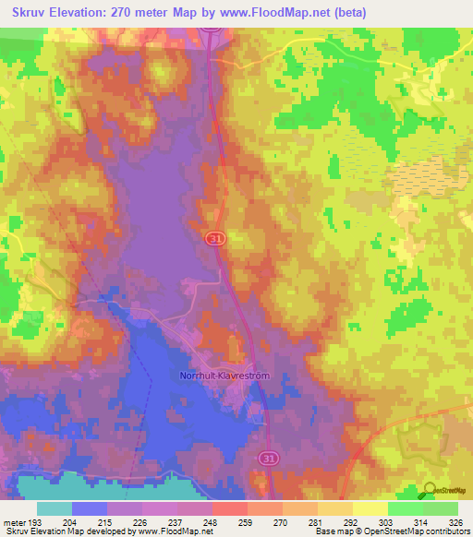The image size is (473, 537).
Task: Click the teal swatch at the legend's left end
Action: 55,508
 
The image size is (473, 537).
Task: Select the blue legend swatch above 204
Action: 90,508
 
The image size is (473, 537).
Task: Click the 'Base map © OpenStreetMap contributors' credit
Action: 391,531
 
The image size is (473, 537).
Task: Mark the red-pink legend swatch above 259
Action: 230,508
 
